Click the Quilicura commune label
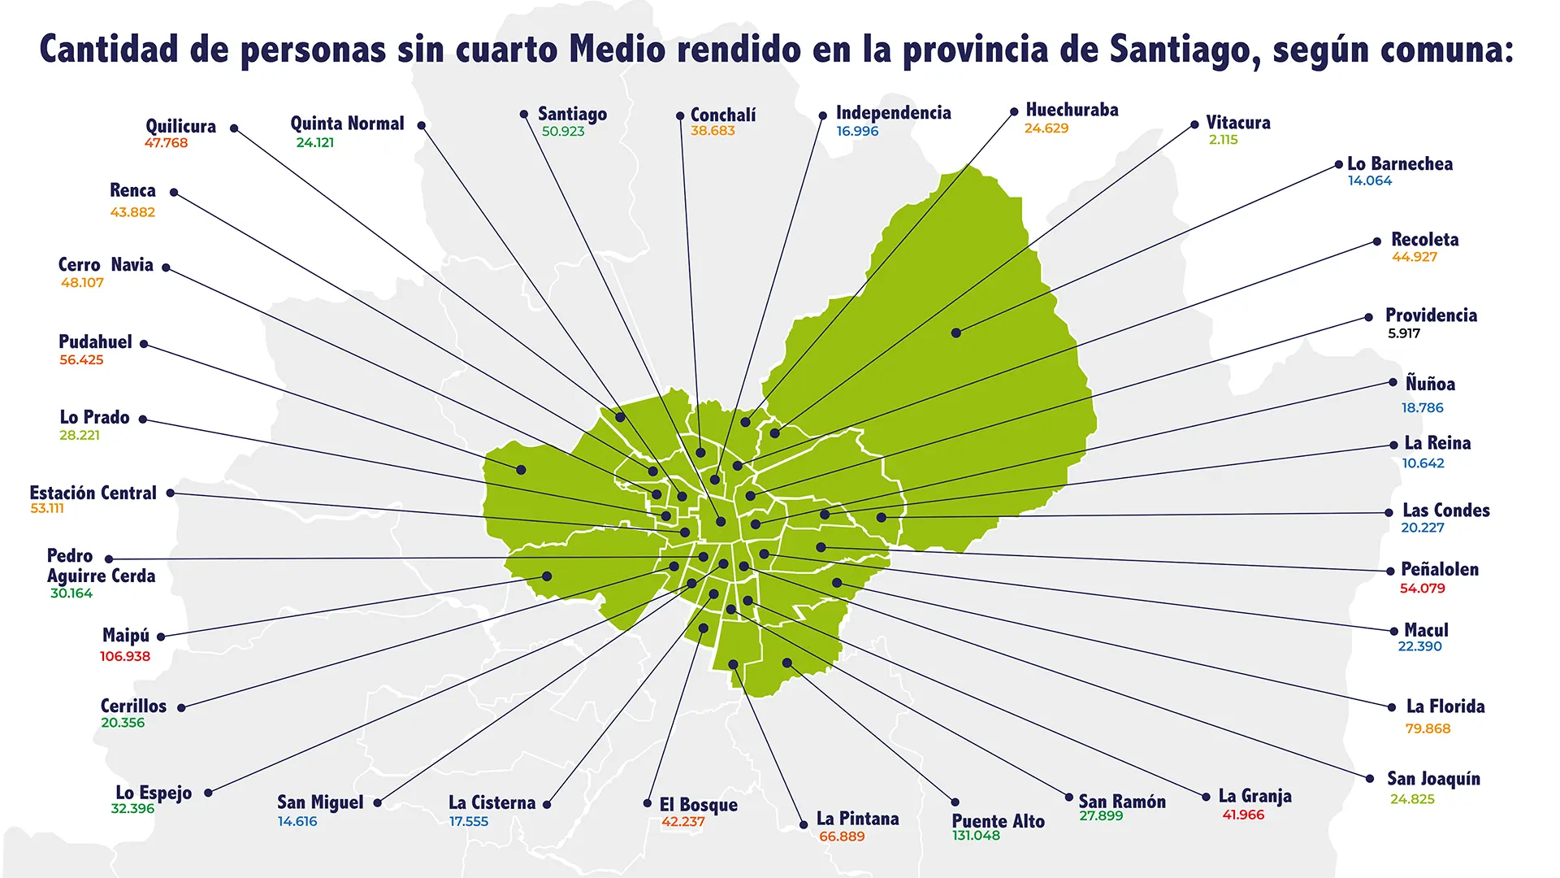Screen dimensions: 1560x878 click(x=181, y=126)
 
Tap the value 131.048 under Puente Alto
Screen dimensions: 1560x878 click(x=976, y=836)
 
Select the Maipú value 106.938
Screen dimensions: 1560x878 click(x=125, y=656)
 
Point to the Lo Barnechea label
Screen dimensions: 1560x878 click(x=1400, y=163)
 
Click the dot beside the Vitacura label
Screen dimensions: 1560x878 click(x=1194, y=124)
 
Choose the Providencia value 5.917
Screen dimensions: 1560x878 click(x=1404, y=333)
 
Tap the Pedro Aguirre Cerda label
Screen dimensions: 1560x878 click(x=101, y=566)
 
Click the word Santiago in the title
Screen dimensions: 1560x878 click(x=1185, y=50)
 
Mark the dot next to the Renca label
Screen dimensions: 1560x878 click(x=174, y=192)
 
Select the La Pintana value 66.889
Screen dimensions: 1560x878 click(x=842, y=837)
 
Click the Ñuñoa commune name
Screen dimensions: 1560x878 click(x=1430, y=383)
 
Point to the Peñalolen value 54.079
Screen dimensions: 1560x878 click(x=1423, y=589)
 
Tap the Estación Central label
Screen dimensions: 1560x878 click(x=93, y=493)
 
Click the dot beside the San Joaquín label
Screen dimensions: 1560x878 click(x=1370, y=778)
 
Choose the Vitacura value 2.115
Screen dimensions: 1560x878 click(x=1224, y=140)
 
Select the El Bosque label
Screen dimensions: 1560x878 click(x=699, y=805)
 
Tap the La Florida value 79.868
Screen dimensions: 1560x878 click(x=1428, y=728)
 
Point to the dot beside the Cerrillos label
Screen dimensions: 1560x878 click(x=181, y=707)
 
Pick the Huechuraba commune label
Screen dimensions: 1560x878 click(x=1072, y=110)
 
